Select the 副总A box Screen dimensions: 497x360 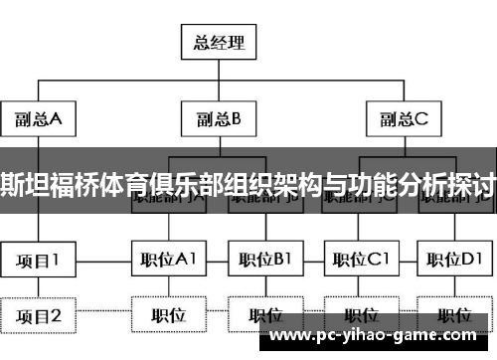click(38, 120)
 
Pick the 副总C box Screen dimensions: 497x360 click(403, 120)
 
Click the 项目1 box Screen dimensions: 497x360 click(38, 261)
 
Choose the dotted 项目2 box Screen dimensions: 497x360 click(38, 315)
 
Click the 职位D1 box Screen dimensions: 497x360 click(455, 261)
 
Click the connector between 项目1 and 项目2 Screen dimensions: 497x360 click(38, 287)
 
